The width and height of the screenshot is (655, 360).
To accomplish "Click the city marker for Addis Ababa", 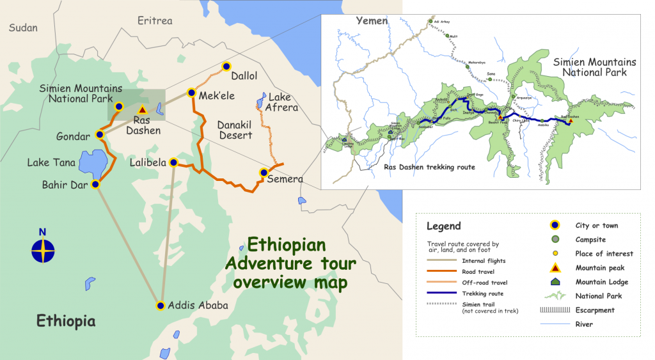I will pos(160,306).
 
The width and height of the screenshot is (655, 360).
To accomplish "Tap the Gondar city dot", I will pos(100,135).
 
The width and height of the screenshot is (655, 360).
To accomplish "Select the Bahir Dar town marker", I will pos(95,184).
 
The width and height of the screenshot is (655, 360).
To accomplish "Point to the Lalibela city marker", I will pos(173,163).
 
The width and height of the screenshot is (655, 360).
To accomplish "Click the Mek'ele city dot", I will pos(191,93).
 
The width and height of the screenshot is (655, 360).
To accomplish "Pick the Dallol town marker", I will pos(226,66).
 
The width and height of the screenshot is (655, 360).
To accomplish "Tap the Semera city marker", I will pos(263,173).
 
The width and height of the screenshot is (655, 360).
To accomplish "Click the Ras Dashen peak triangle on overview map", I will pos(143,109).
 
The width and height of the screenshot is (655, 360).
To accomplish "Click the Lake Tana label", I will pos(51,162).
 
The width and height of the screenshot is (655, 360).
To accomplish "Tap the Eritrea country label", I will pos(155,21).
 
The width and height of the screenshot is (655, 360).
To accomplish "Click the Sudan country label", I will pos(23,27).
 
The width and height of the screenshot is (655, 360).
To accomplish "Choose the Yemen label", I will pos(372,21).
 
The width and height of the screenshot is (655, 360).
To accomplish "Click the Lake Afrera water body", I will pos(261,100).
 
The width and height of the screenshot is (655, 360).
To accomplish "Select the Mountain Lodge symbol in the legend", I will pos(555,282).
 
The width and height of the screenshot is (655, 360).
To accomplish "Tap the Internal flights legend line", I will pos(443,261).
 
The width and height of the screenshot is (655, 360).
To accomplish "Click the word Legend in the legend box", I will pos(443,226).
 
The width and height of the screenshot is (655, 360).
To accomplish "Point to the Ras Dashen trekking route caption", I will pos(429,167).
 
